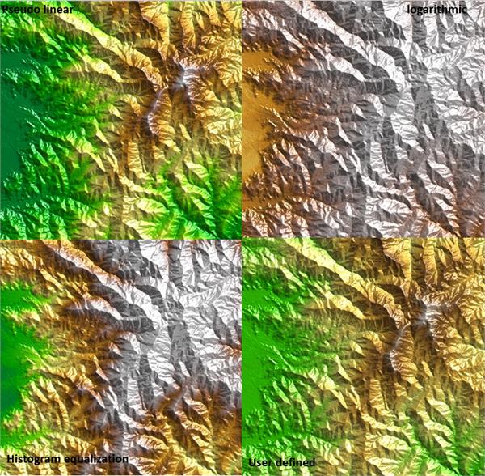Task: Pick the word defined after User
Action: click(x=297, y=462)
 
